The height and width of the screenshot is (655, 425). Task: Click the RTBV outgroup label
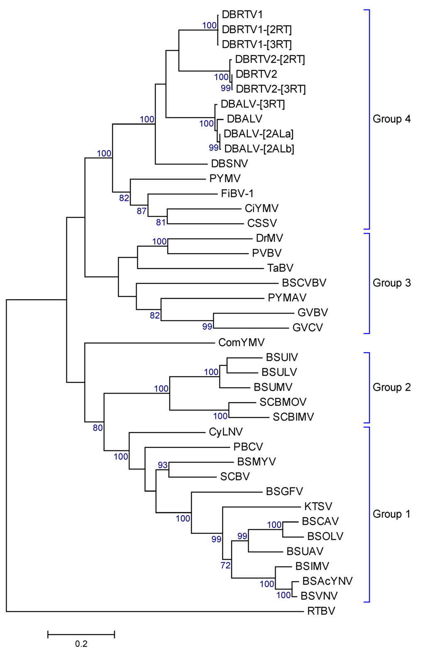321,611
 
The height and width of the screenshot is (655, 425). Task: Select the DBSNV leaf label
229,164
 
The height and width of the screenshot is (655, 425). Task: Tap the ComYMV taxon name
241,342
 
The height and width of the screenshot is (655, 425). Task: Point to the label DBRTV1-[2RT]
256,29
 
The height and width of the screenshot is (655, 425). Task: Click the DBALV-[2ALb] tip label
259,149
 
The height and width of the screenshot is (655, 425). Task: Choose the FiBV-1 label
237,193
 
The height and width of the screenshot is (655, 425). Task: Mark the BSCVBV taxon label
304,283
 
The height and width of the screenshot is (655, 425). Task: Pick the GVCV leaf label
307,327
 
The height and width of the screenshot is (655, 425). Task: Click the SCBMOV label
283,402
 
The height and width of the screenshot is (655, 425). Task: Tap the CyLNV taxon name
226,432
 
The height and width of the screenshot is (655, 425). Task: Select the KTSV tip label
318,506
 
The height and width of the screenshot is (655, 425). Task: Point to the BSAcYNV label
327,581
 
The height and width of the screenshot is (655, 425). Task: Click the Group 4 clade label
391,119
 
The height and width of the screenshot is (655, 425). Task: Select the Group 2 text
391,387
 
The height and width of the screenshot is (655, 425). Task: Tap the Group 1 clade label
391,514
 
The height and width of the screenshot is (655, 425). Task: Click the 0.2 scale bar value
81,644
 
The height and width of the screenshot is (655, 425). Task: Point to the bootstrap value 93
163,465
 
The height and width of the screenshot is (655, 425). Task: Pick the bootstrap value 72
225,565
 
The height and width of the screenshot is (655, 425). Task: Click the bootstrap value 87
142,211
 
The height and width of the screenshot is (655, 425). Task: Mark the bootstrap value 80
98,428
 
